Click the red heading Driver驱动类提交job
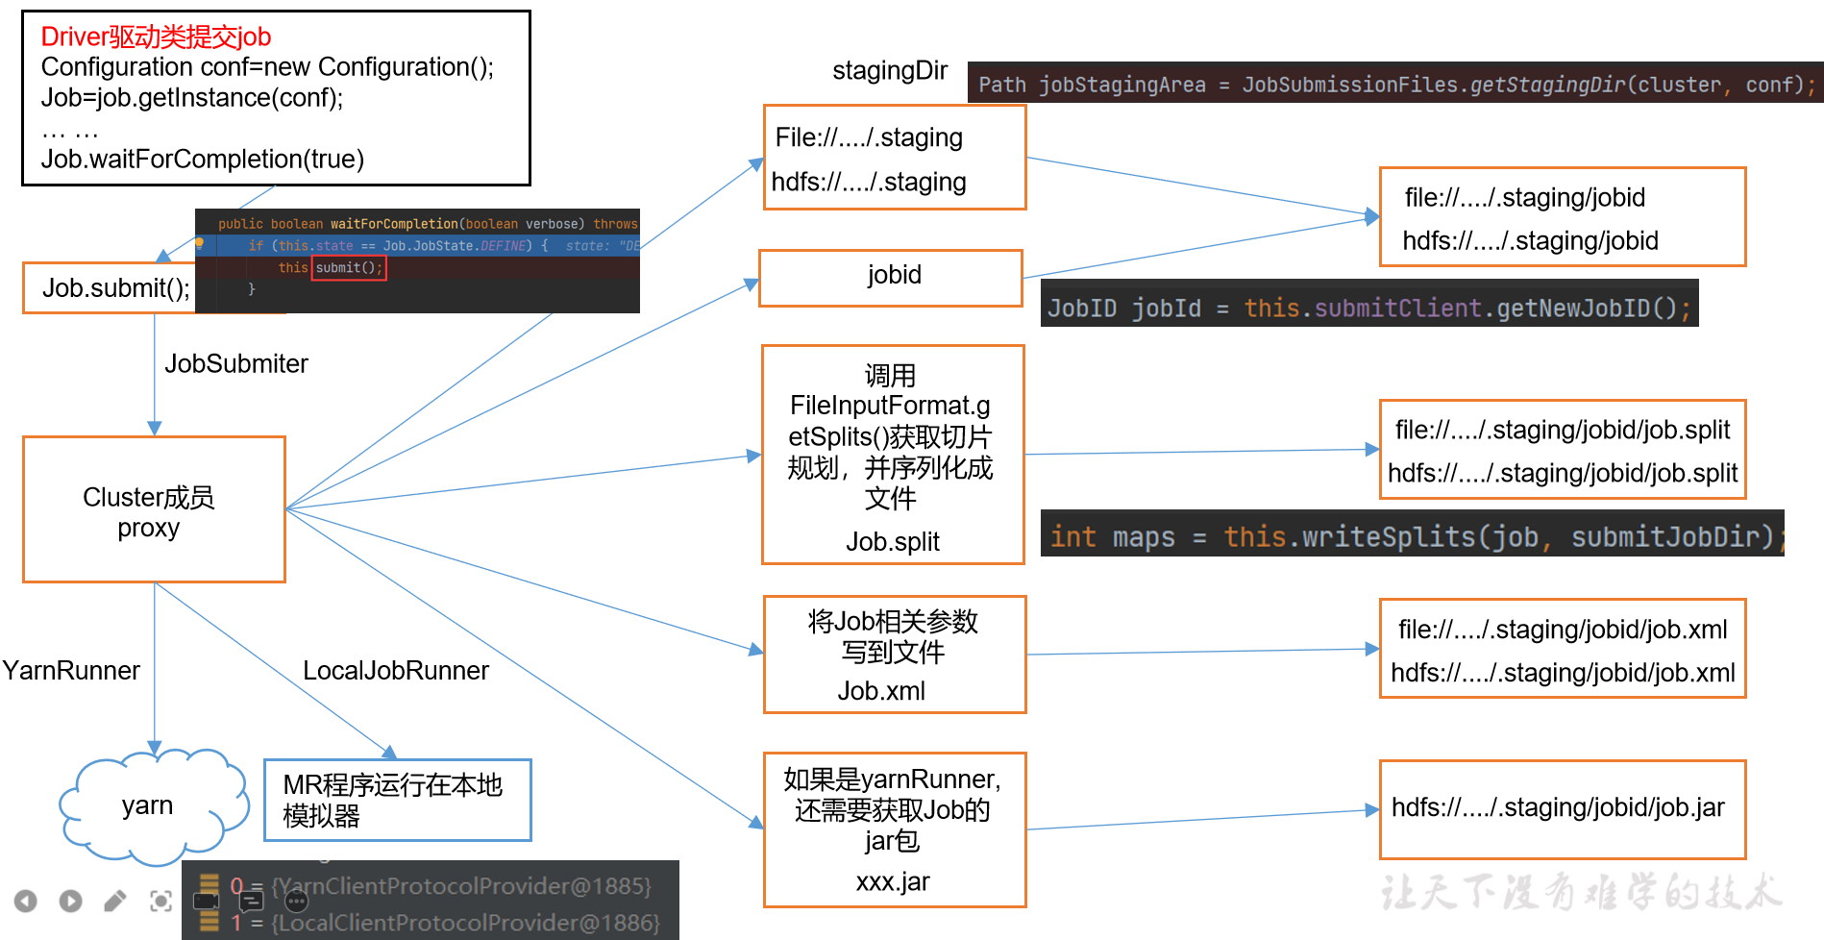156,37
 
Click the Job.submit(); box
115,288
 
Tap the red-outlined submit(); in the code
349,268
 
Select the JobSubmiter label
235,363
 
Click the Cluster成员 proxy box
154,510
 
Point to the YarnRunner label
71,670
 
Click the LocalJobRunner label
395,670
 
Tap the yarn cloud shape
147,805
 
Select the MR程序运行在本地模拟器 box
397,800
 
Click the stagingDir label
889,70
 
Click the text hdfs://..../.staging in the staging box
869,182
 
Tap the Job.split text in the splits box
892,542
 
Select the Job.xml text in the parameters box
880,691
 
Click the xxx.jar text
893,881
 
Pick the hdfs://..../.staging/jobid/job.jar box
1562,809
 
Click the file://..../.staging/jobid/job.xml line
1563,630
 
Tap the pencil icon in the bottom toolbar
115,901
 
